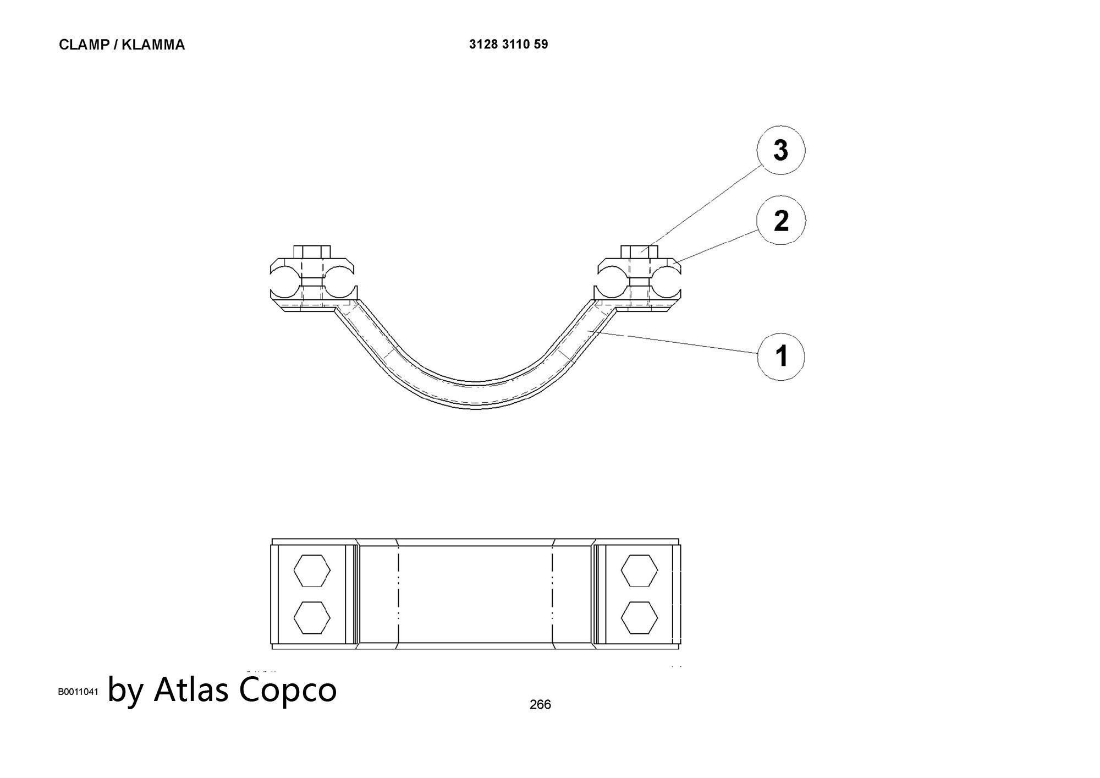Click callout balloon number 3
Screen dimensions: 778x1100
pyautogui.click(x=780, y=150)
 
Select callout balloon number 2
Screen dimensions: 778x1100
pyautogui.click(x=780, y=221)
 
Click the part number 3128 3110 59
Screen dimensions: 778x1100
pyautogui.click(x=508, y=45)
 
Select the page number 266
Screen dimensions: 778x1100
pyautogui.click(x=540, y=704)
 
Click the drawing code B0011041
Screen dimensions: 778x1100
pyautogui.click(x=78, y=692)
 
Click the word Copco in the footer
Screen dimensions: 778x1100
pyautogui.click(x=288, y=690)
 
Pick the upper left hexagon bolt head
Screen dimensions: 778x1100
pyautogui.click(x=312, y=571)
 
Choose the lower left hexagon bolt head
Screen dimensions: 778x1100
pyautogui.click(x=312, y=617)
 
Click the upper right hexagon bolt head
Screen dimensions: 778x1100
pyautogui.click(x=639, y=571)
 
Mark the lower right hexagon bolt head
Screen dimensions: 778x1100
pyautogui.click(x=639, y=617)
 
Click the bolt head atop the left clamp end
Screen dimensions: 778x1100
pyautogui.click(x=312, y=251)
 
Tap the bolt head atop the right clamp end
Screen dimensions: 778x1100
pyautogui.click(x=639, y=251)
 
